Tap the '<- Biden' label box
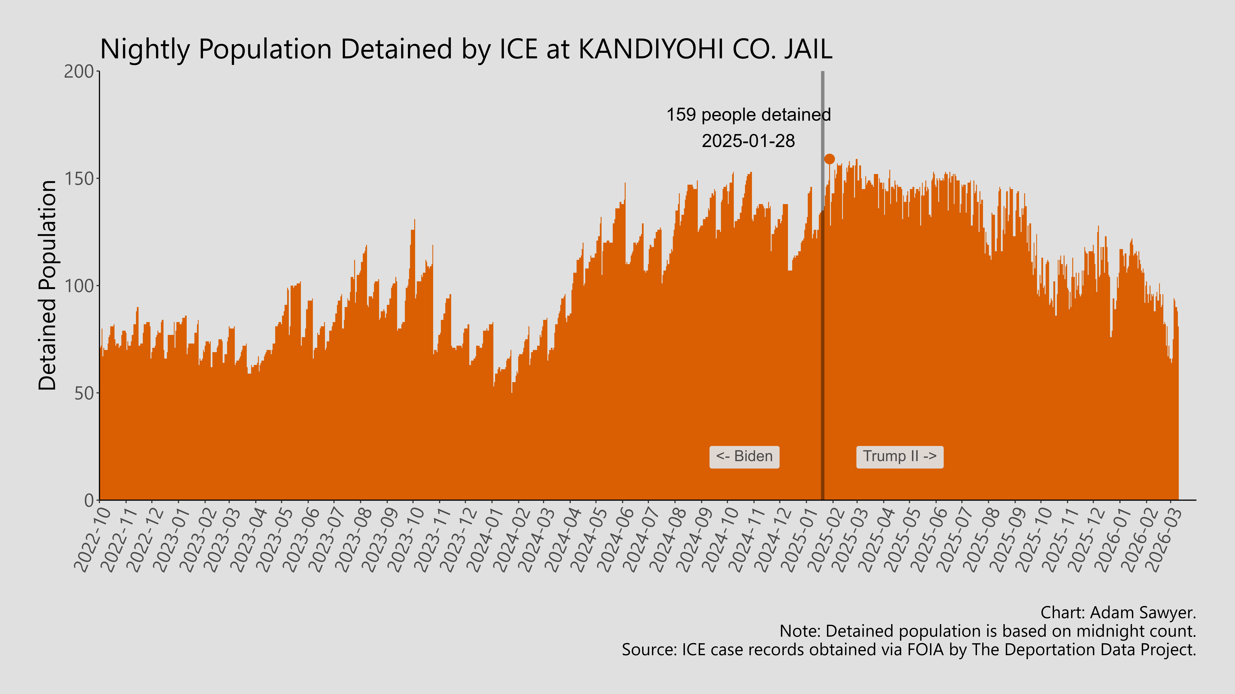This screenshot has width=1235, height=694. [x=744, y=456]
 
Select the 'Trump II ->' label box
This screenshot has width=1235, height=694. [x=899, y=456]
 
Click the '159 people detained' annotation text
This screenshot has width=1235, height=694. [x=748, y=115]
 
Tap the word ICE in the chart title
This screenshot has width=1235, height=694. [x=518, y=49]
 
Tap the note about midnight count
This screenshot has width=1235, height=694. [x=988, y=631]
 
